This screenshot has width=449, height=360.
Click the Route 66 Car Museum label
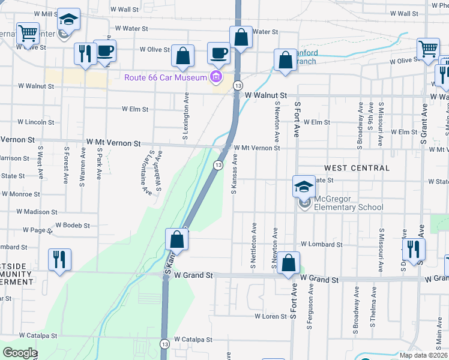click(x=166, y=77)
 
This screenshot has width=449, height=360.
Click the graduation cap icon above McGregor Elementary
click(x=304, y=187)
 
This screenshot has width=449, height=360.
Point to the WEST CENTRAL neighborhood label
click(x=357, y=168)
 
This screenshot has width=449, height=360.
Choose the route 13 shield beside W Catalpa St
click(x=164, y=343)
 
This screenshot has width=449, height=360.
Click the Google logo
click(x=20, y=352)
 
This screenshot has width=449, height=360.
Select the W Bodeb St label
click(x=73, y=226)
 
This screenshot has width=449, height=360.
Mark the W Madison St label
click(x=37, y=212)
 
